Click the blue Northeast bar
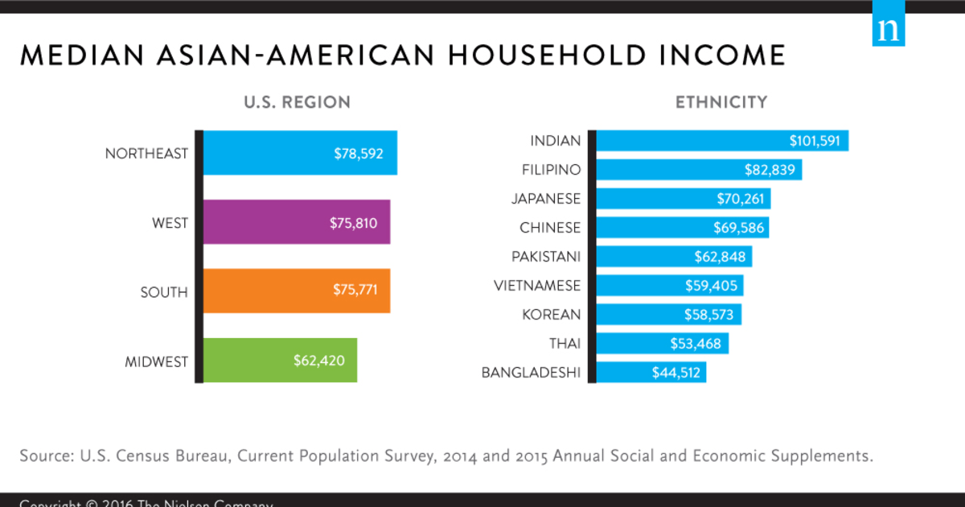[299, 153]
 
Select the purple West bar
[296, 222]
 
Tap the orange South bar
[296, 291]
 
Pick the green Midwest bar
[280, 361]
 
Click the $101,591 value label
[814, 141]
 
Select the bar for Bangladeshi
[651, 372]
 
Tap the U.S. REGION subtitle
[298, 103]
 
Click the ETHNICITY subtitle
[721, 103]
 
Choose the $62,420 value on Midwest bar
[319, 361]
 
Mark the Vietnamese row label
[536, 285]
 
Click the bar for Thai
[663, 344]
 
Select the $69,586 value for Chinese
[738, 228]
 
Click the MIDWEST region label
[156, 361]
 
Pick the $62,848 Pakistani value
[721, 257]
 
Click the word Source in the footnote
[46, 455]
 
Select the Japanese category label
[546, 199]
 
